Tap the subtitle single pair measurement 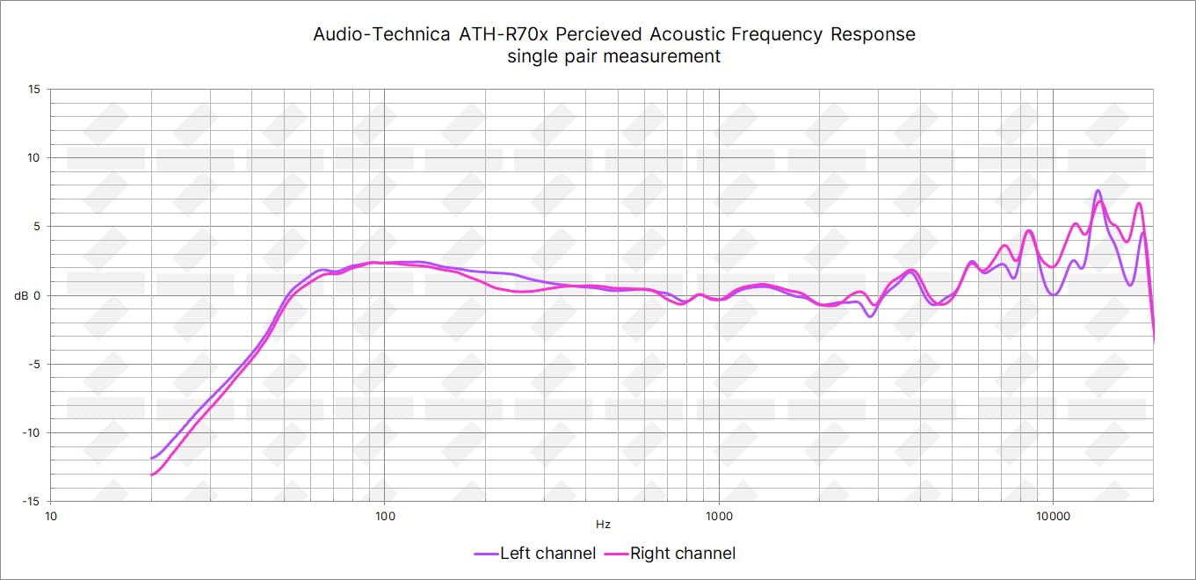coord(614,56)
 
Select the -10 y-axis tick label coord(32,432)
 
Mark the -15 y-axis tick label coord(32,501)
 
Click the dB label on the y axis coord(21,295)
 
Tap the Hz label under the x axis coord(603,525)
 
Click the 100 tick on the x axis coord(385,515)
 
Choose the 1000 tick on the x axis coord(719,515)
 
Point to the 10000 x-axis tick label coord(1052,515)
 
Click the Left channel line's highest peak coord(1098,191)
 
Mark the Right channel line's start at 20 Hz coord(152,475)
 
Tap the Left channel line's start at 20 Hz coord(152,458)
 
